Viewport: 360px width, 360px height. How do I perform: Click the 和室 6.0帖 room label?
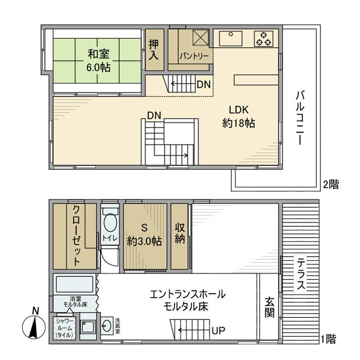97,60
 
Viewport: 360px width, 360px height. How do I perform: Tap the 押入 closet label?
153,50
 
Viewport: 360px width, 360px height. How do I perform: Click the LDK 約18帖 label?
239,116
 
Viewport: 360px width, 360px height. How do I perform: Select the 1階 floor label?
329,339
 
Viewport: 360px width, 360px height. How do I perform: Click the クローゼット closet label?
76,235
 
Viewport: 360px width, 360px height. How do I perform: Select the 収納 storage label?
179,235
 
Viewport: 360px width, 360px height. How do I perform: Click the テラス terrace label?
301,274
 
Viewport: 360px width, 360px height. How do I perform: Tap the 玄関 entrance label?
269,308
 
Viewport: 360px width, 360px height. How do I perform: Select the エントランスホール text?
188,295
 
